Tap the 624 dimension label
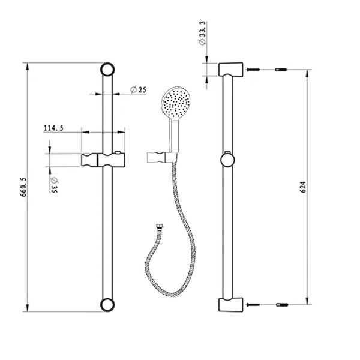[303, 187]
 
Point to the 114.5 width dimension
[54, 128]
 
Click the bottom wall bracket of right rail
[229, 305]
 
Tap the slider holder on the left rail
[103, 160]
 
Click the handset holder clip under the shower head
[161, 157]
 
